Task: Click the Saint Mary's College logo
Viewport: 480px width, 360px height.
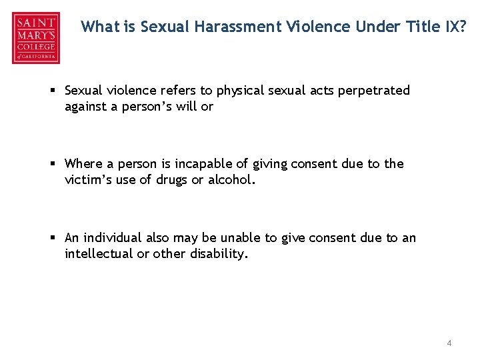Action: pyautogui.click(x=35, y=38)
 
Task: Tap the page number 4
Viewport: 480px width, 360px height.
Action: pyautogui.click(x=449, y=343)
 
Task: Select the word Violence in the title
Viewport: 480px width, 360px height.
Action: pyautogui.click(x=313, y=27)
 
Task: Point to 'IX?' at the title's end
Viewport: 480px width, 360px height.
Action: pyautogui.click(x=455, y=27)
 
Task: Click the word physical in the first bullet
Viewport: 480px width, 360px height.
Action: pyautogui.click(x=239, y=91)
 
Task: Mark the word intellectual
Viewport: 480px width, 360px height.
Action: pyautogui.click(x=99, y=253)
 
